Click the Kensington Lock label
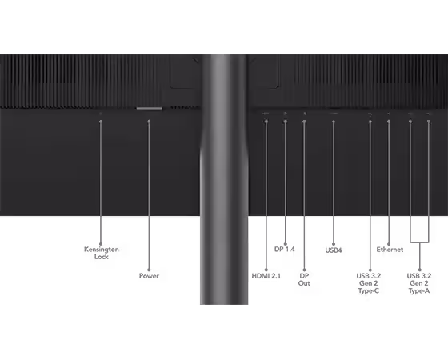102,253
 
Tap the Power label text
149,276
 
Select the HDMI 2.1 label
266,276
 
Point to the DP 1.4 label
284,249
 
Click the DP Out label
304,279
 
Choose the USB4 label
334,250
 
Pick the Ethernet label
390,250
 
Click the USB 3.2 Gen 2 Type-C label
369,283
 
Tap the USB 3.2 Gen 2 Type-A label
419,283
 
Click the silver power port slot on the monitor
149,108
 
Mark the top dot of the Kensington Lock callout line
101,122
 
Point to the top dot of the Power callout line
149,122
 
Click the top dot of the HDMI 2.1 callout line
266,122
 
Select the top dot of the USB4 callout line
334,122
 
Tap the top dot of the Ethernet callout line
389,122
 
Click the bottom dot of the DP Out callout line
304,270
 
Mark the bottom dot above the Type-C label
370,270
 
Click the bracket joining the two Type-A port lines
419,242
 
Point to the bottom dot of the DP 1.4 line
285,244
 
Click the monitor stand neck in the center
224,179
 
